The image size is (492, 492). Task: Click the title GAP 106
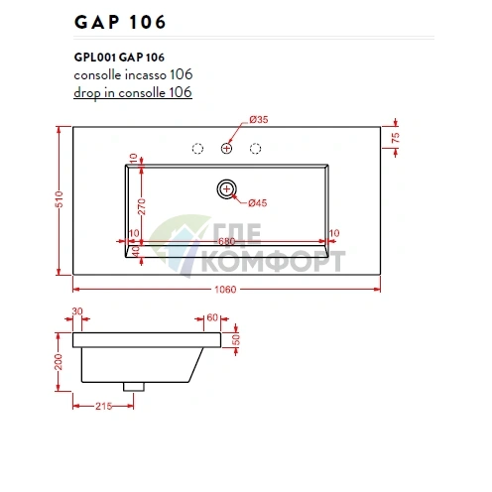click(120, 21)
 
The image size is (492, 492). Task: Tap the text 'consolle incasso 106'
click(133, 74)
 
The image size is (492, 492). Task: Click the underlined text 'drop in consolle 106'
click(132, 92)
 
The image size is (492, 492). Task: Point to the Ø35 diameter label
click(259, 120)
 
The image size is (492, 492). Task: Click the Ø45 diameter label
click(258, 202)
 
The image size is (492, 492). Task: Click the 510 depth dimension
click(60, 198)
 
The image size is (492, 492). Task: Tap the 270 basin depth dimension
click(143, 205)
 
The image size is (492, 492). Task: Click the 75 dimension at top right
click(395, 138)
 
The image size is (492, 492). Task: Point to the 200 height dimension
click(59, 364)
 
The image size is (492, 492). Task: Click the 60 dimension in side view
click(211, 317)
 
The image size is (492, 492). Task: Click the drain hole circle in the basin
click(227, 186)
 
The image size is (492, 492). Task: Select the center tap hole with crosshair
click(227, 149)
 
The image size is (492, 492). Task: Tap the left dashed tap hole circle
click(197, 149)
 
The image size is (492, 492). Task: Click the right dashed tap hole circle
click(257, 149)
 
